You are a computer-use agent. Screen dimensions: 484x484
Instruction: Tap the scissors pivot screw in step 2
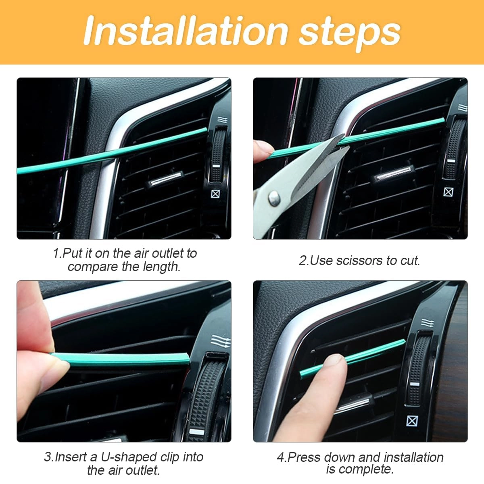(274, 197)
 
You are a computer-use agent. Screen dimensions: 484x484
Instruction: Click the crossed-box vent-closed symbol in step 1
(216, 194)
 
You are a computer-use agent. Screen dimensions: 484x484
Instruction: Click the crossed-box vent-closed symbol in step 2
(448, 192)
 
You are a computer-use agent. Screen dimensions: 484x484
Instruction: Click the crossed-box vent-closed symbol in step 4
(412, 421)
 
